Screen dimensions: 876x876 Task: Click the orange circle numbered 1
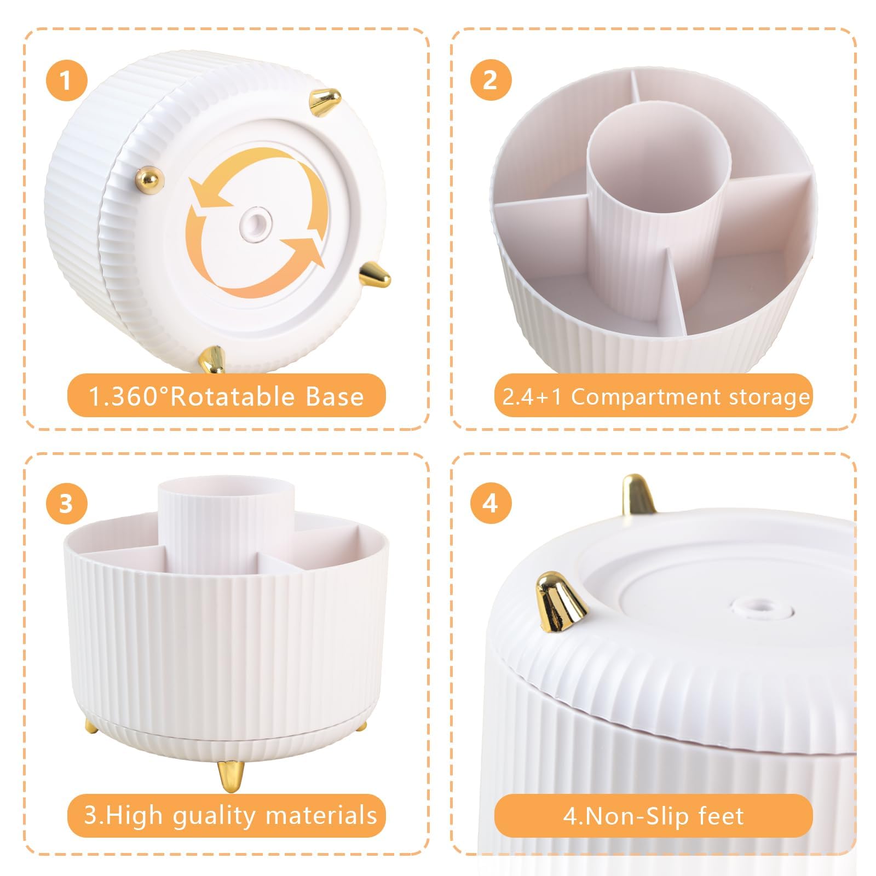click(66, 80)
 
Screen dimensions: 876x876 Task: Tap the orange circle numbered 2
click(491, 80)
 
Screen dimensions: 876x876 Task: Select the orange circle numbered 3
click(66, 503)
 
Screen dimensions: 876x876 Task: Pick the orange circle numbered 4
click(491, 503)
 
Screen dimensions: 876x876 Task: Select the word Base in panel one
click(335, 396)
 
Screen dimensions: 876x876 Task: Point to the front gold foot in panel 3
click(228, 776)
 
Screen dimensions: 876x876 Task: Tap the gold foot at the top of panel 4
click(639, 495)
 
